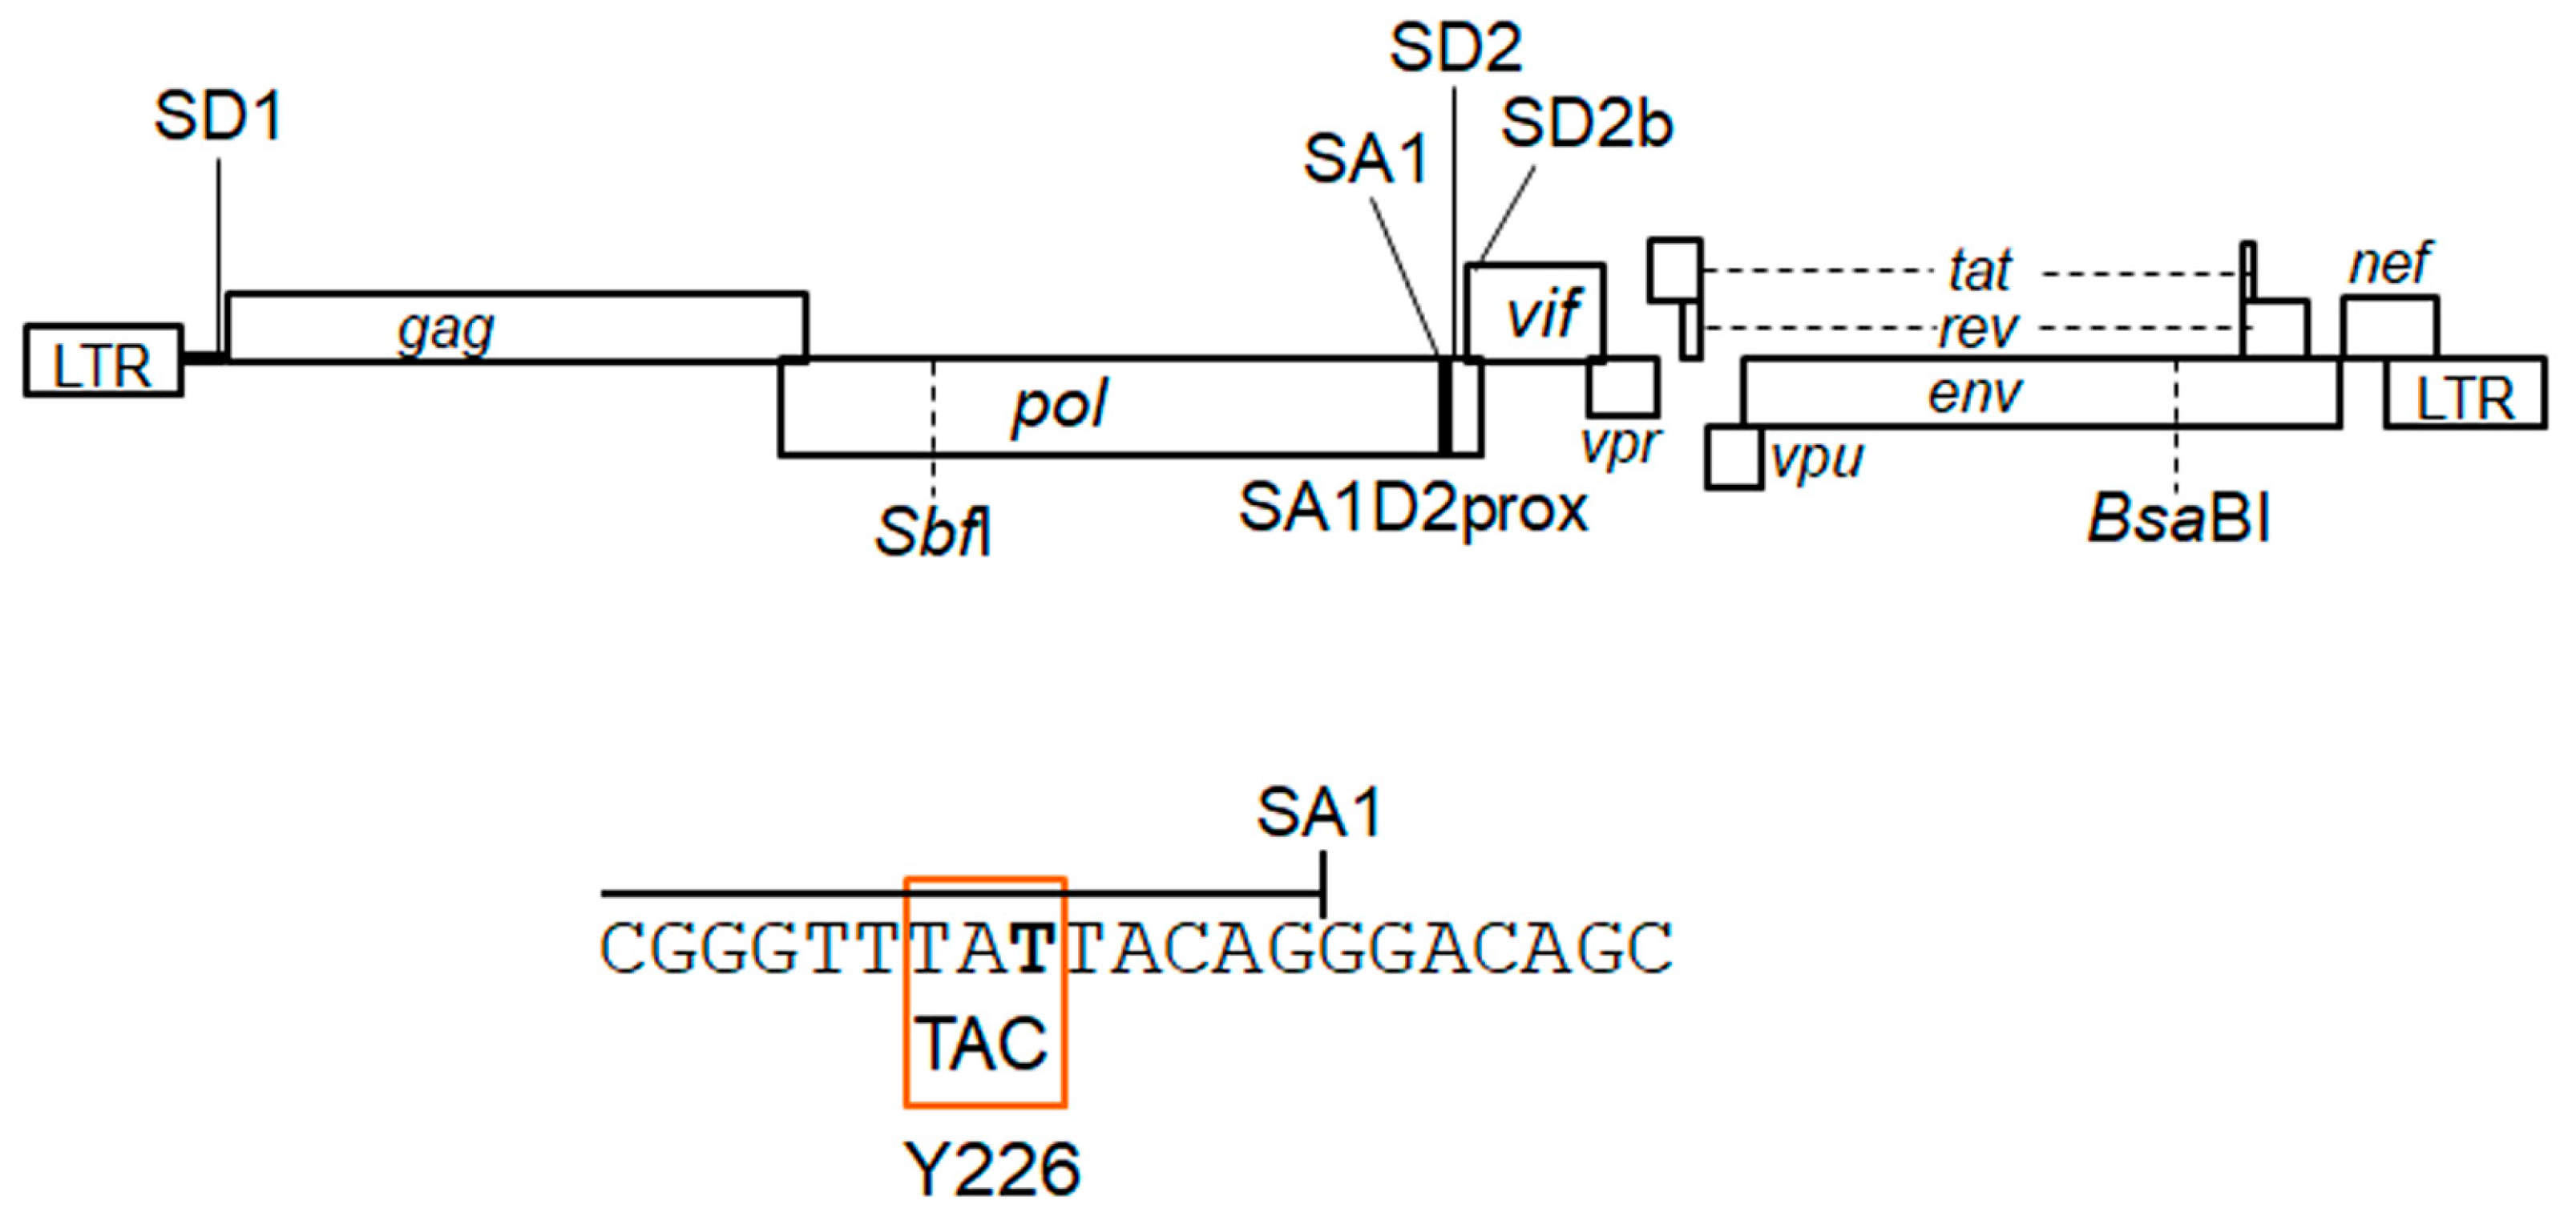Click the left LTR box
click(103, 362)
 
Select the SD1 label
click(219, 117)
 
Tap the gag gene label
click(446, 330)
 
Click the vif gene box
click(1536, 312)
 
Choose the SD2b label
click(1585, 125)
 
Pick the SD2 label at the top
click(1456, 47)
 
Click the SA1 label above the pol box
click(1366, 159)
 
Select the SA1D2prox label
click(1413, 507)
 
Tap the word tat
click(1980, 270)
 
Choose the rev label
click(1978, 329)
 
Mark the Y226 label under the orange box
click(991, 1169)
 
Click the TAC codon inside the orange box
click(983, 1045)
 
